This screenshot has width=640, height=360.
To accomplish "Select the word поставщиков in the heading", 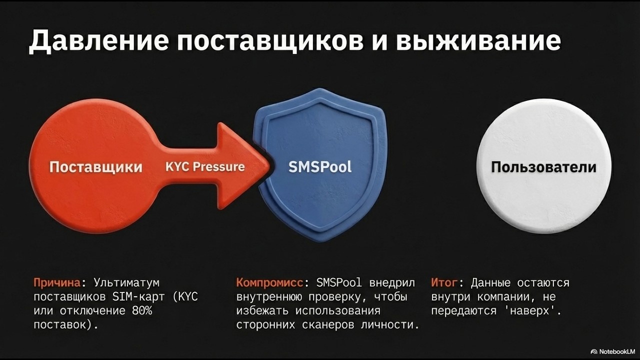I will pos(267,41).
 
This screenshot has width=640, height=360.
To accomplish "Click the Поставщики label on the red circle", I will pos(96,167).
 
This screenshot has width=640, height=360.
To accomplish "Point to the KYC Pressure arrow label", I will pos(205,167).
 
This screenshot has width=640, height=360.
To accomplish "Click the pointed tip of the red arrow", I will pos(268,166).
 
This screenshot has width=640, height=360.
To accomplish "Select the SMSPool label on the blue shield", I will pos(320,167).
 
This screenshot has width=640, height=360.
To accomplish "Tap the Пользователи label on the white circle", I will pos(543,167).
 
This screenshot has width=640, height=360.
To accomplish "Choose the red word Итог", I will pos(443,283).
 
